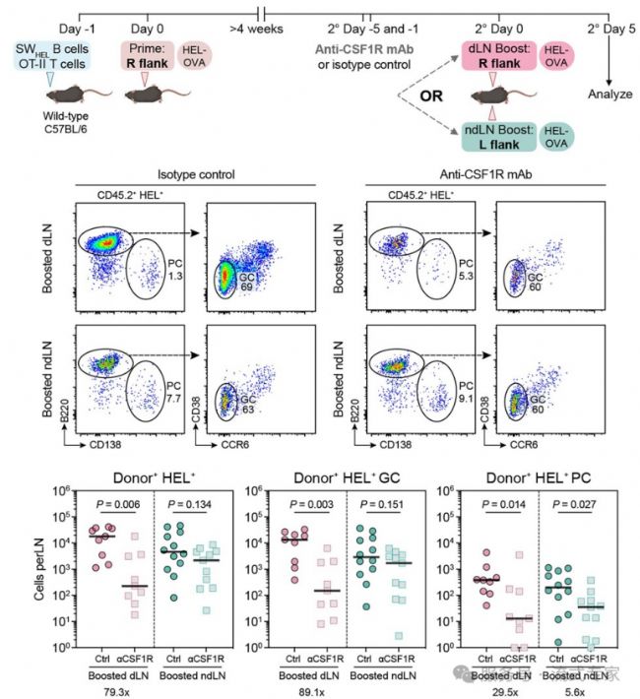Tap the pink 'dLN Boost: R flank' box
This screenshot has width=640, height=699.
click(491, 55)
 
